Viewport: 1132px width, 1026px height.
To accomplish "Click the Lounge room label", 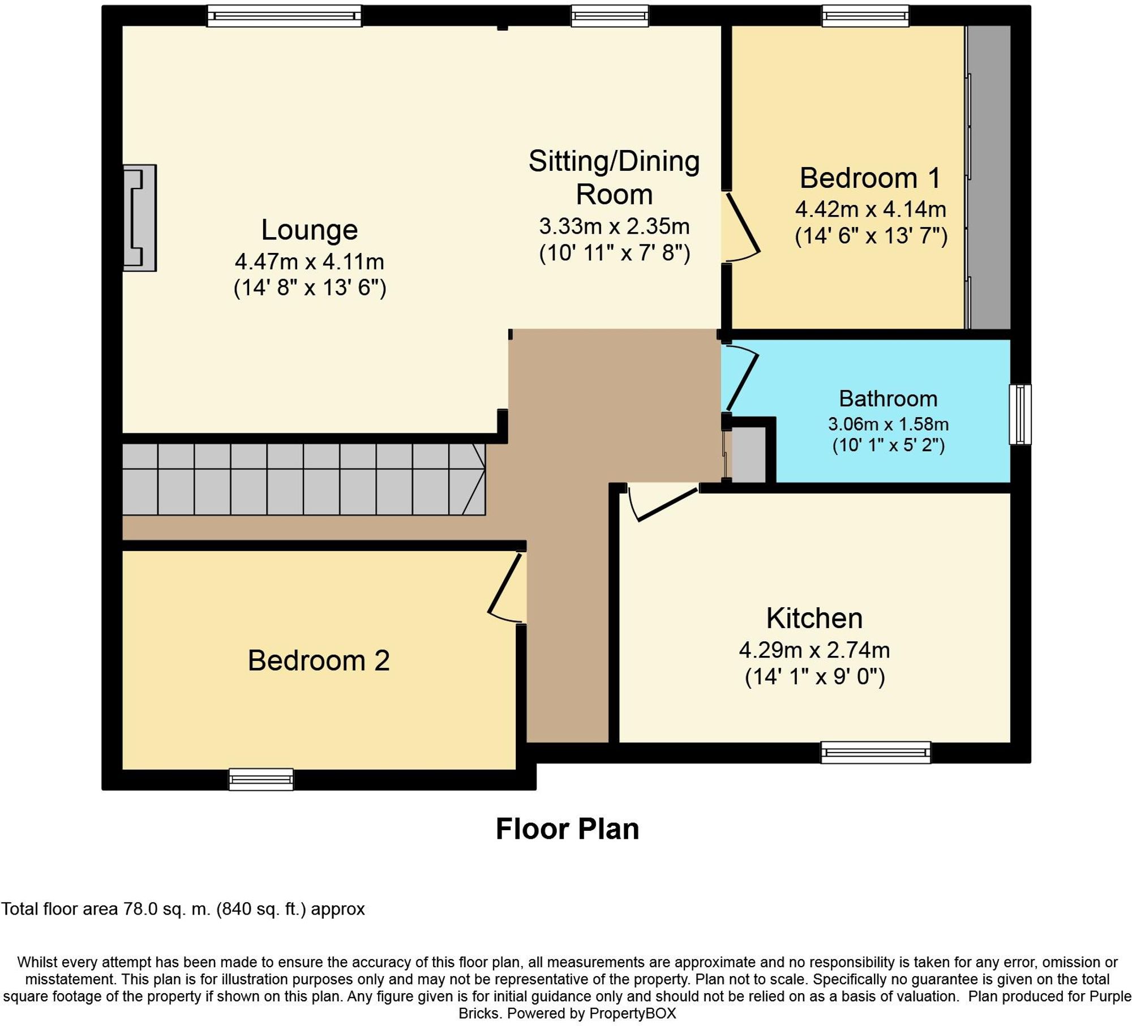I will [309, 230].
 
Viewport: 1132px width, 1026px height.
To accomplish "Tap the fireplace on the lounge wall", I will [140, 218].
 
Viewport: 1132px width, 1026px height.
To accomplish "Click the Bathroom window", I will [1020, 414].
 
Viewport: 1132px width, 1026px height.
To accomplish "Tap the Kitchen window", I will [876, 752].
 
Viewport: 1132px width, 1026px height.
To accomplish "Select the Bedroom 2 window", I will [261, 779].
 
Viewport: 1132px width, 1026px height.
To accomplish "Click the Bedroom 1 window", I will [865, 16].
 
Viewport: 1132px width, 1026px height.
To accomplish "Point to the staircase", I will [303, 479].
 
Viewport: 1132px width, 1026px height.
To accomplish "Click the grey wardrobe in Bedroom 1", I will [988, 177].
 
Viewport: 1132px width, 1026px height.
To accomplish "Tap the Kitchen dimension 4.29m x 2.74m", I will [814, 650].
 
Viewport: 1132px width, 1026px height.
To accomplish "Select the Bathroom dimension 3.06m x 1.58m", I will [887, 424].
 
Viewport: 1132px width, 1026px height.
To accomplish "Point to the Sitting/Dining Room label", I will [614, 177].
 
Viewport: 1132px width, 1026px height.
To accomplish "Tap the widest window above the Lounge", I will [284, 16].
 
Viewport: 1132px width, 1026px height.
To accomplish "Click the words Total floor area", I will [59, 909].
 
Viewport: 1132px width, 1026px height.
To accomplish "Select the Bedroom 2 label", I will [319, 660].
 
